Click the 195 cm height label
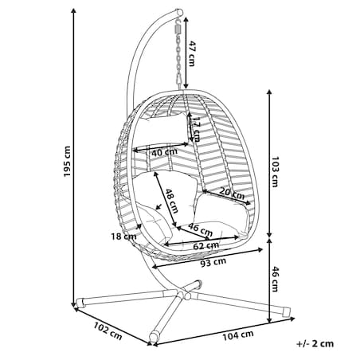[x=67, y=162]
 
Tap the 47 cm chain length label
[x=191, y=54]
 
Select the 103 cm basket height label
[x=275, y=171]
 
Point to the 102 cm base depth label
[x=108, y=331]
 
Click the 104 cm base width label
[x=238, y=335]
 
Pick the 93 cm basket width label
[x=213, y=262]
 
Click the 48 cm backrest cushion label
[x=171, y=201]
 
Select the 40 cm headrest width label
[x=164, y=152]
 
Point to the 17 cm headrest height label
[x=196, y=129]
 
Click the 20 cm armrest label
[x=232, y=194]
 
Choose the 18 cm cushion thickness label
[x=123, y=237]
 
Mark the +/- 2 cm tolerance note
[x=315, y=343]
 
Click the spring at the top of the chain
[x=178, y=27]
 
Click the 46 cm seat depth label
[x=201, y=229]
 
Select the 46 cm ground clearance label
[x=275, y=279]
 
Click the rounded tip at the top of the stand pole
[x=180, y=12]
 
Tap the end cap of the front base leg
[x=154, y=337]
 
